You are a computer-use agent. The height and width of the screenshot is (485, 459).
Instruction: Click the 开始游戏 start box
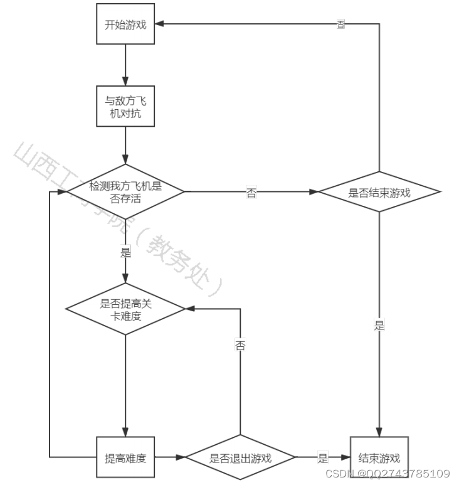tap(125, 24)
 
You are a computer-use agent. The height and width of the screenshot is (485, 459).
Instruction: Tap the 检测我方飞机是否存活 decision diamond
tap(125, 192)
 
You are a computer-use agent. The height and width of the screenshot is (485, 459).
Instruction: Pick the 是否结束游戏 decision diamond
tap(379, 192)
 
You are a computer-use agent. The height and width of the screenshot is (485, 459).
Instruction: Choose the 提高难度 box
tap(125, 458)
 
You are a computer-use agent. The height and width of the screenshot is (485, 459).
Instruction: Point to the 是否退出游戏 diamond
tap(240, 458)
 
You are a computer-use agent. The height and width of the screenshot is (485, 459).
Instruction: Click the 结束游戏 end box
tap(379, 458)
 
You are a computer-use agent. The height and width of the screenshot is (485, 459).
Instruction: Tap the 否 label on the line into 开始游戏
tap(340, 24)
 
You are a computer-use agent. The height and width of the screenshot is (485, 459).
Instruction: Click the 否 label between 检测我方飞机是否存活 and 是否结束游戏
tap(251, 193)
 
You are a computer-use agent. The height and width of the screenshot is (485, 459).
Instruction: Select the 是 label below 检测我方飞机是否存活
tap(125, 253)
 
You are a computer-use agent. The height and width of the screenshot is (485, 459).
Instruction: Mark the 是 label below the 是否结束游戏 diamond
tap(379, 326)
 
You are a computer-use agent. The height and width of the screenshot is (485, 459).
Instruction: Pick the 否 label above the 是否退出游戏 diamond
tap(240, 345)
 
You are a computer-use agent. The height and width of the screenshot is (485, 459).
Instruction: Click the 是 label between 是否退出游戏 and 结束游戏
tap(323, 458)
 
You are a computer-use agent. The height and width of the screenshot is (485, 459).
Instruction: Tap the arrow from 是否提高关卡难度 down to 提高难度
tap(125, 385)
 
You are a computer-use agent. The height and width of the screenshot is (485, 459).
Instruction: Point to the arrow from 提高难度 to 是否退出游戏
tap(170, 458)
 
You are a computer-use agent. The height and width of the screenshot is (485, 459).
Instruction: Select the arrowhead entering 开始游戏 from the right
tap(160, 24)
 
